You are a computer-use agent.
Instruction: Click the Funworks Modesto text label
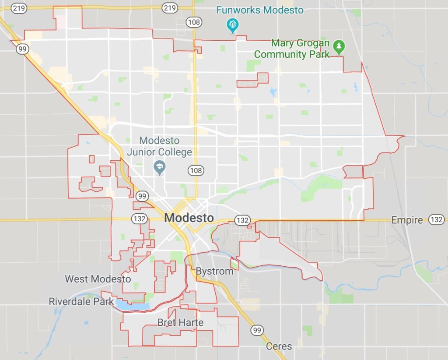(260, 10)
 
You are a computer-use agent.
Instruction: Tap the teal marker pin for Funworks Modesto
(232, 25)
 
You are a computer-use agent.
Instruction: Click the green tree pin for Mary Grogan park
(339, 46)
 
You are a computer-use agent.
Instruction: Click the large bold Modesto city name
(189, 218)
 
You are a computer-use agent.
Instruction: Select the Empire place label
(407, 220)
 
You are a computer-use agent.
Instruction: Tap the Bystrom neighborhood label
(214, 271)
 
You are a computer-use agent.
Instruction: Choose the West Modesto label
(98, 279)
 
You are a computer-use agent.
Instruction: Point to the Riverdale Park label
(81, 301)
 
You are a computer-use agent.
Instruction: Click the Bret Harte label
(180, 323)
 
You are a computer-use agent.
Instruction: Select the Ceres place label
(279, 346)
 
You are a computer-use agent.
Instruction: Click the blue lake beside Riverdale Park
(132, 305)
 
